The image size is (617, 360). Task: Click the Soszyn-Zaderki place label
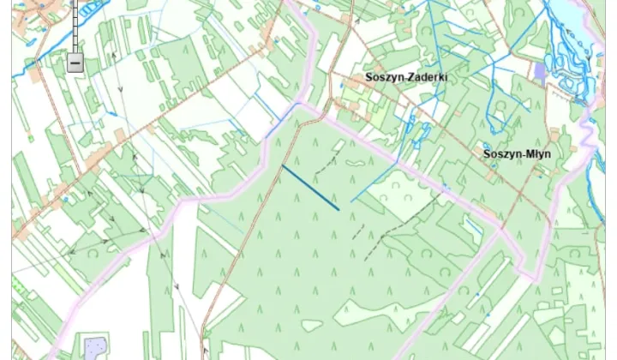point(406,77)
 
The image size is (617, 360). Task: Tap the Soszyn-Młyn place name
point(517,154)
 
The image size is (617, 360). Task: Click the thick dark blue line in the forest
point(310,187)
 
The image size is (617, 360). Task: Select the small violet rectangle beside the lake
point(539,71)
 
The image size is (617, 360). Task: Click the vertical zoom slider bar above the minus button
point(75,26)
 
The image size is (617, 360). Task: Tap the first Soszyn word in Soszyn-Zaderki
point(383,77)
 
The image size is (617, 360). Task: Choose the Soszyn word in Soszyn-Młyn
point(500,154)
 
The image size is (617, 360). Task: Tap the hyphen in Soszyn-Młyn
point(520,155)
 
